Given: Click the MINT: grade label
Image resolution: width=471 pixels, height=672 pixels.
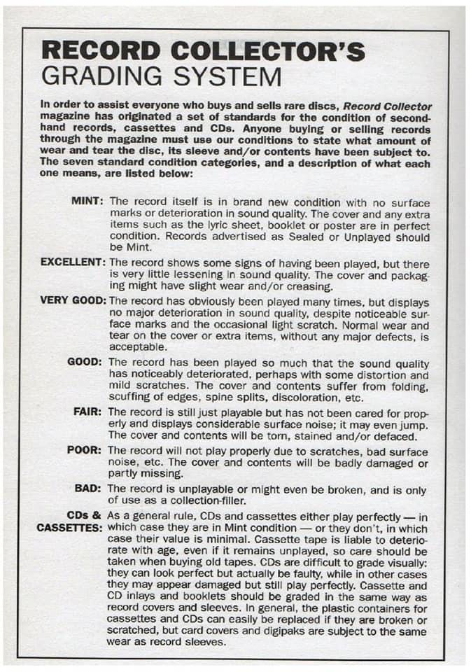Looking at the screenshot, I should pos(87,201).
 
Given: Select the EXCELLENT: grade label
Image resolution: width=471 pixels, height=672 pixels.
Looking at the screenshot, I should pos(72,262).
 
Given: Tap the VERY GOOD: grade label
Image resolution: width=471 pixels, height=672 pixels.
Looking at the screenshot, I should pos(72,300).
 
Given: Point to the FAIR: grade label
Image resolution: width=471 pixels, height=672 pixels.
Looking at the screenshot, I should pos(88,411).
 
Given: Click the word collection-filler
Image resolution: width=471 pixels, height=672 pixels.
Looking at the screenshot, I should pos(191,500).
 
